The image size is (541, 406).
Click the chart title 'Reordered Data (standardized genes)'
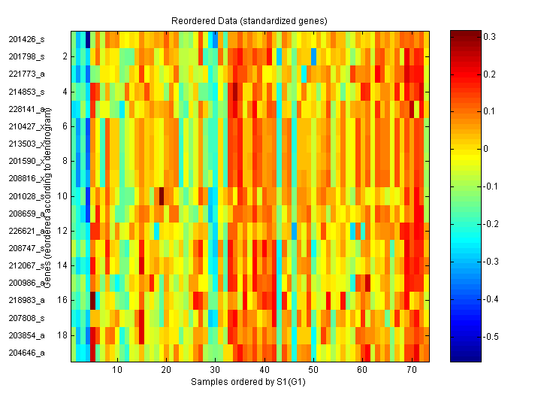point(250,19)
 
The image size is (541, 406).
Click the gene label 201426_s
point(27,39)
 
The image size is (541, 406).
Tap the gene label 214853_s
point(27,92)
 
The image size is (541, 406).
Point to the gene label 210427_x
point(27,126)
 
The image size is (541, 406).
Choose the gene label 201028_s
point(27,196)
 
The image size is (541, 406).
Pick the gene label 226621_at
point(27,231)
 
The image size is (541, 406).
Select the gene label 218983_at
point(27,300)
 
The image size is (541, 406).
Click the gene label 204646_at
point(27,353)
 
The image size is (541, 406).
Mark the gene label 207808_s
point(27,317)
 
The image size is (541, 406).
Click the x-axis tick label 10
point(117,371)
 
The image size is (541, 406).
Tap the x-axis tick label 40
point(264,371)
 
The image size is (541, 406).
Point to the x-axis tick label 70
point(412,371)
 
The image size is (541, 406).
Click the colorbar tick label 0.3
point(488,36)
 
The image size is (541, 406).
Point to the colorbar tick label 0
point(485,149)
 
